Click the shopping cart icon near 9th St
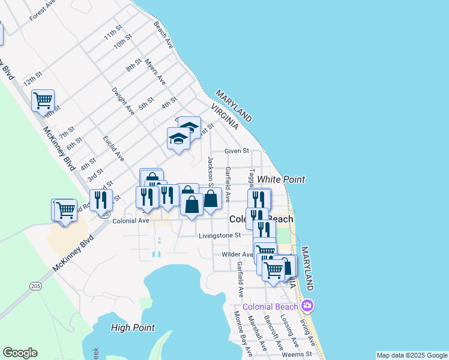click(x=43, y=100)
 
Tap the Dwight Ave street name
click(x=123, y=100)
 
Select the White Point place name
click(x=281, y=179)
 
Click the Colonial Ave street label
click(x=131, y=221)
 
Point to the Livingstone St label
click(x=220, y=236)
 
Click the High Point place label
click(x=133, y=328)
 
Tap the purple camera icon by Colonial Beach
click(x=307, y=307)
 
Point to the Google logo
click(x=20, y=353)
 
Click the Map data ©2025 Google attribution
click(x=412, y=355)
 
